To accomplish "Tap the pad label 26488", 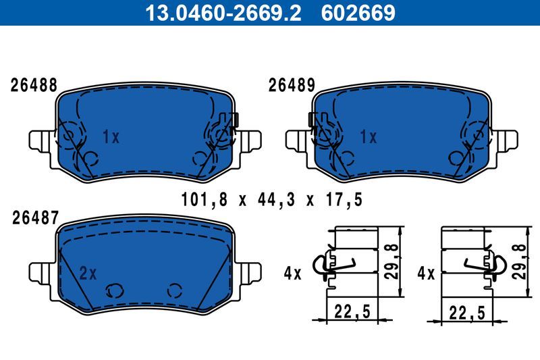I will click(33, 86).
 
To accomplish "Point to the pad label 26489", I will click(292, 86).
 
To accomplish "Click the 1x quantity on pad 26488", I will click(111, 138).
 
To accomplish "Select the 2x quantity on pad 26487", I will click(88, 274).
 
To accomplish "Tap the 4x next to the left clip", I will click(292, 274).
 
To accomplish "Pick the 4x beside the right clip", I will click(425, 274).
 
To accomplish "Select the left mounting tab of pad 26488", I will click(40, 140).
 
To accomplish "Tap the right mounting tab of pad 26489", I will click(509, 140).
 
